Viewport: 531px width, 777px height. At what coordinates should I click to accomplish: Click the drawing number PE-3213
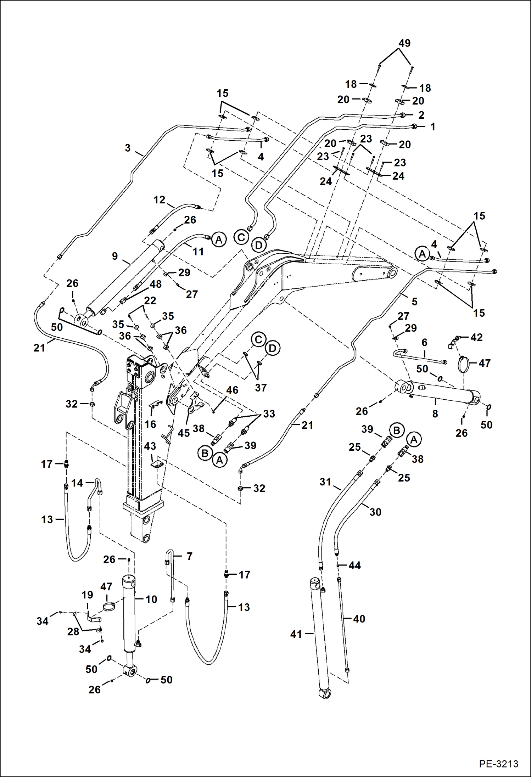point(498,764)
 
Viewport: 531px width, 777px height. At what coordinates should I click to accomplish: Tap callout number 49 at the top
point(404,43)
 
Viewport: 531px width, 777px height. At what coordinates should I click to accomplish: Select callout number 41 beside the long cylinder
point(296,634)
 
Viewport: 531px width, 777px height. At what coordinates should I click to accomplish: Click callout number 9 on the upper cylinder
point(115,256)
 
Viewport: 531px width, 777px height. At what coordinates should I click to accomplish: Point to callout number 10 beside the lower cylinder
point(151,599)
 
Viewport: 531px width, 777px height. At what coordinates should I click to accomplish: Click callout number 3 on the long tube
point(128,148)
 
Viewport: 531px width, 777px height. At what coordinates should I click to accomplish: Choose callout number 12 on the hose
point(159,200)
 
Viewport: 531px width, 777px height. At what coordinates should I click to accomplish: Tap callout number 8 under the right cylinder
point(435,413)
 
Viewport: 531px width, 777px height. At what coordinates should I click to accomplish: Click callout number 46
point(232,390)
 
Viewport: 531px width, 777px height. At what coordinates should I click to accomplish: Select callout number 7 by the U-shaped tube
point(189,556)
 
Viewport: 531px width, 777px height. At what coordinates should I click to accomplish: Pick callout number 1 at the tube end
point(432,126)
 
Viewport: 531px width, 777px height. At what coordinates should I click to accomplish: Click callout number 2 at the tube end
point(421,115)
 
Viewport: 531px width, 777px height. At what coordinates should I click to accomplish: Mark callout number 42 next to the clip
point(476,337)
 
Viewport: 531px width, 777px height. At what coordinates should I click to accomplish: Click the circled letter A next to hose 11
point(219,240)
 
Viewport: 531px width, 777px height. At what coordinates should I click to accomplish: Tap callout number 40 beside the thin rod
point(359,619)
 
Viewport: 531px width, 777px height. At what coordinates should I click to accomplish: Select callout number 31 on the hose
point(325,482)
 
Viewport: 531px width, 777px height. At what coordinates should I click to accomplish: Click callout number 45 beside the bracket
point(184,433)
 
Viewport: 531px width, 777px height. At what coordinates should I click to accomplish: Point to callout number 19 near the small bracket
point(87,595)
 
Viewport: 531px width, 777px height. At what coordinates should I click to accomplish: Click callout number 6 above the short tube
point(424,343)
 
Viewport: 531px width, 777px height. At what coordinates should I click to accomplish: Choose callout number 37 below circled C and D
point(261,388)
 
